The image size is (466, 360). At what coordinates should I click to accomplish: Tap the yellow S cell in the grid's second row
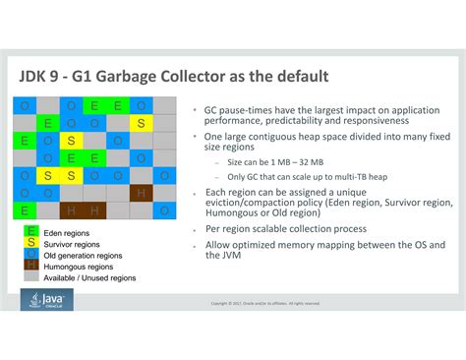tap(142, 123)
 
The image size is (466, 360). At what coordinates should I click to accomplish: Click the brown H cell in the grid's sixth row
tap(142, 193)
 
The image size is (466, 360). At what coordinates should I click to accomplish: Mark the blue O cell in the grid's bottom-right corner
tap(165, 210)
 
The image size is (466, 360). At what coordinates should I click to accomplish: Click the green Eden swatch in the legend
tap(31, 232)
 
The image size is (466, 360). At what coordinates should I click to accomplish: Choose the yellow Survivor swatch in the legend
tap(31, 243)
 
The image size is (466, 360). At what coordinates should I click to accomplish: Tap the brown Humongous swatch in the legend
tap(31, 266)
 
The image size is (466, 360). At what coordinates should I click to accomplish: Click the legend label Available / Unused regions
tap(89, 277)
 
